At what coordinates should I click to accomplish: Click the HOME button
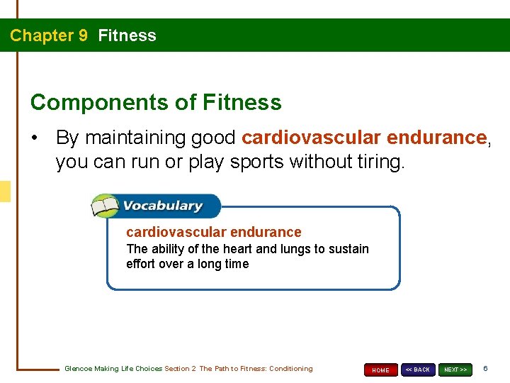380,370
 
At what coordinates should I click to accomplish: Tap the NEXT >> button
455,370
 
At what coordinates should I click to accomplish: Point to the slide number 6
485,369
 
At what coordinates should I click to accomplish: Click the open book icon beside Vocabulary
105,206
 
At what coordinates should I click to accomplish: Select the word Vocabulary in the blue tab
163,206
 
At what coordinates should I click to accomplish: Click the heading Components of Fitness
156,102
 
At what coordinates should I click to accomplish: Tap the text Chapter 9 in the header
48,35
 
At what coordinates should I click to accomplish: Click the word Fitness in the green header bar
127,35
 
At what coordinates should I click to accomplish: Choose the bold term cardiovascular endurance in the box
213,232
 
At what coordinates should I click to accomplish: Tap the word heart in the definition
237,249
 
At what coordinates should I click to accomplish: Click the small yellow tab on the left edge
5,191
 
